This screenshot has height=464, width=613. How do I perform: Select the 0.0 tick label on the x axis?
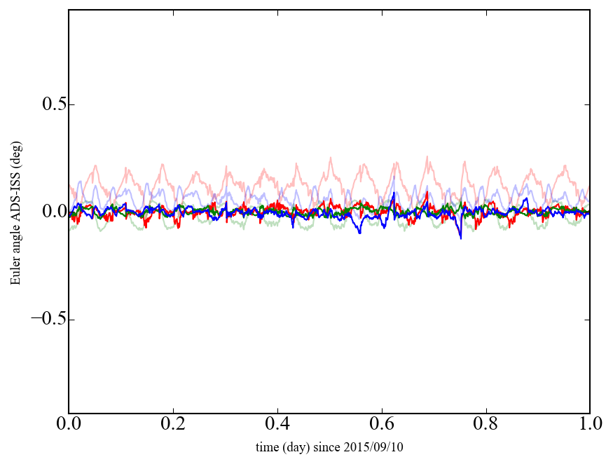(x=69, y=424)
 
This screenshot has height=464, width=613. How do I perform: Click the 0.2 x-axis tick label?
(x=173, y=424)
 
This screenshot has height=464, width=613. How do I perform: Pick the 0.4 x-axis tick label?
(x=277, y=424)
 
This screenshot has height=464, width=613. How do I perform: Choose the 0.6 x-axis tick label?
(x=382, y=424)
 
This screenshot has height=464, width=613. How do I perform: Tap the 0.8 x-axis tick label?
(x=485, y=424)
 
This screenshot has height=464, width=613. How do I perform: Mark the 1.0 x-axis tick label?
(x=589, y=424)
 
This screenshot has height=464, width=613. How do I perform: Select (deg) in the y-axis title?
(x=15, y=153)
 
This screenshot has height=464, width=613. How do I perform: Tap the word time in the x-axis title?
(x=267, y=446)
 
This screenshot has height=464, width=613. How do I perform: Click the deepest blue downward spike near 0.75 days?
(x=460, y=238)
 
